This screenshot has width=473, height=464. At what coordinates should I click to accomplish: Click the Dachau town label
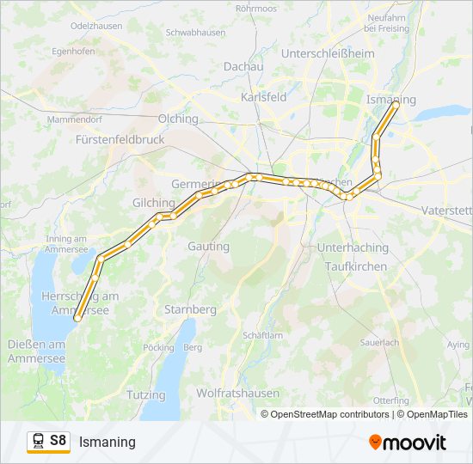coord(243,65)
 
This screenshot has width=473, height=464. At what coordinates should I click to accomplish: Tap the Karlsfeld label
coord(264,97)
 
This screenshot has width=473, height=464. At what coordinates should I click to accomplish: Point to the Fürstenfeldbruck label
coord(120,138)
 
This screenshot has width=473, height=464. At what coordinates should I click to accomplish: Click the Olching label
coord(178,119)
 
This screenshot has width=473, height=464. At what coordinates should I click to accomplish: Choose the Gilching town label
coord(154,203)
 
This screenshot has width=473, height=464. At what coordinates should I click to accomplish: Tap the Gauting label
coord(209,247)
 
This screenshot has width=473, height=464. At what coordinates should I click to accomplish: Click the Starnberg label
coord(190,308)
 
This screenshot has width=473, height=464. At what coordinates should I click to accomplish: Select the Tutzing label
coord(145,394)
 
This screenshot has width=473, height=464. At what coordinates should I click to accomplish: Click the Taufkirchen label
coord(356,266)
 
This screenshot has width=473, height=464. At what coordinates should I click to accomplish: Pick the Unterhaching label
coord(353,247)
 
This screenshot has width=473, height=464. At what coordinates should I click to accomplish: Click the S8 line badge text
coord(58,441)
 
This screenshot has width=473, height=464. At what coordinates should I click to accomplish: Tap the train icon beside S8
coord(38,441)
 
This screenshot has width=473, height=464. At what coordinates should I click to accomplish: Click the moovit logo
coord(408,442)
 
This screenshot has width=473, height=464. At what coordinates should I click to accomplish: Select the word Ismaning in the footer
coord(107,442)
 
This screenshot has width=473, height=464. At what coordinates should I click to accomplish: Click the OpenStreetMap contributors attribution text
coord(329,414)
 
